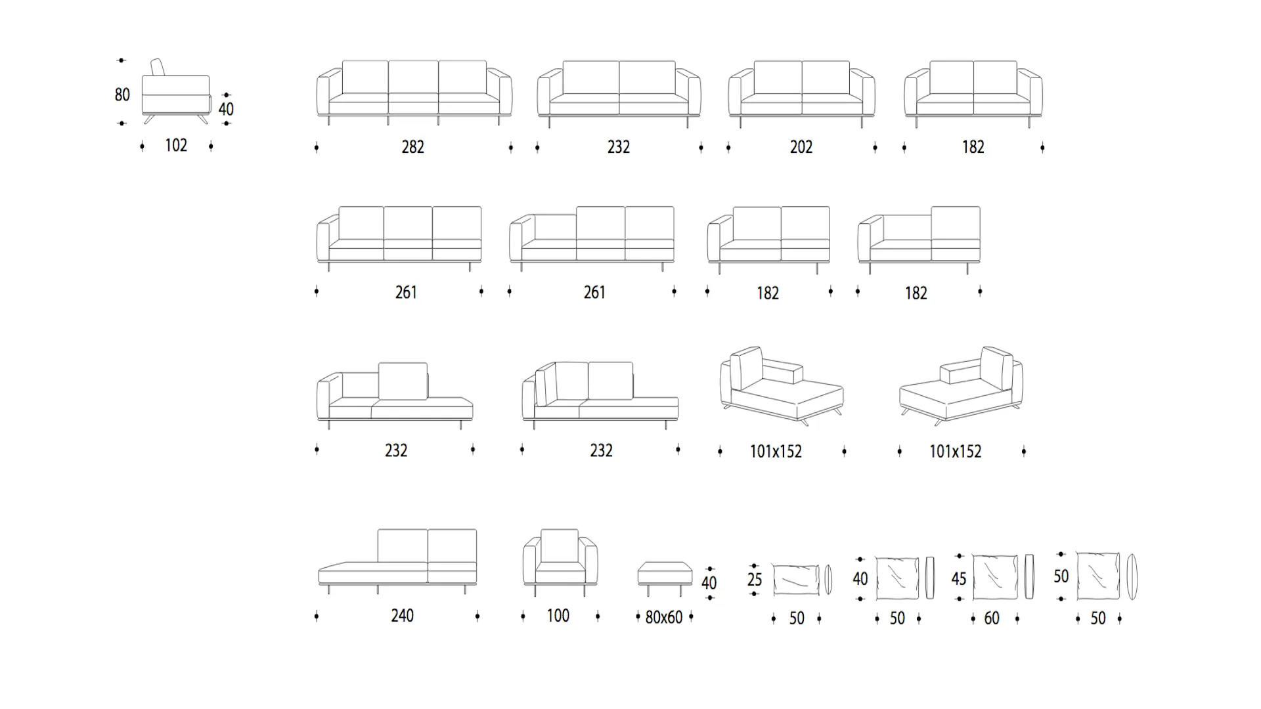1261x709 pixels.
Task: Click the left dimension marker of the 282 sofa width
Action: point(317,148)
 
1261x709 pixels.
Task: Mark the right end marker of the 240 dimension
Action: point(477,616)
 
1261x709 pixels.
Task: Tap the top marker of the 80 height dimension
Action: point(122,60)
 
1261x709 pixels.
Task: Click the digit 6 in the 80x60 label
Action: point(671,617)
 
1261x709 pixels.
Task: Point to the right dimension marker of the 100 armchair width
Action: point(598,616)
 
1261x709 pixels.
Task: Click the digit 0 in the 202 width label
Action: point(801,147)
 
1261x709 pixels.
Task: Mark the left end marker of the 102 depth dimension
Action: point(143,146)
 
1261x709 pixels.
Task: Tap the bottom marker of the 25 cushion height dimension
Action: point(755,593)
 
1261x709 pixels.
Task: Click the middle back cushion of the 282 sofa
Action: point(413,77)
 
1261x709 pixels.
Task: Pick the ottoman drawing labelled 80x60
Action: point(665,577)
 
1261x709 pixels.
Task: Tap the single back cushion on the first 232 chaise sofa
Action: point(403,381)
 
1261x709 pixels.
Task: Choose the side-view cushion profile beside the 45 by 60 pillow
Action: point(1029,577)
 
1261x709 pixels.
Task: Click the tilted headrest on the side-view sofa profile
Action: point(158,67)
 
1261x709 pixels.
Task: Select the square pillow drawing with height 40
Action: point(897,578)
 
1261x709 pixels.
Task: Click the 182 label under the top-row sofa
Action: point(973,147)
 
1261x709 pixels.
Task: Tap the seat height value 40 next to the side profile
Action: point(226,109)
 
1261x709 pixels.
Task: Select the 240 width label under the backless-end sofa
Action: point(403,616)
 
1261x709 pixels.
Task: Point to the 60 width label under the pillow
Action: point(992,618)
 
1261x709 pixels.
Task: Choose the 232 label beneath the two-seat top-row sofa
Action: point(619,147)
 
